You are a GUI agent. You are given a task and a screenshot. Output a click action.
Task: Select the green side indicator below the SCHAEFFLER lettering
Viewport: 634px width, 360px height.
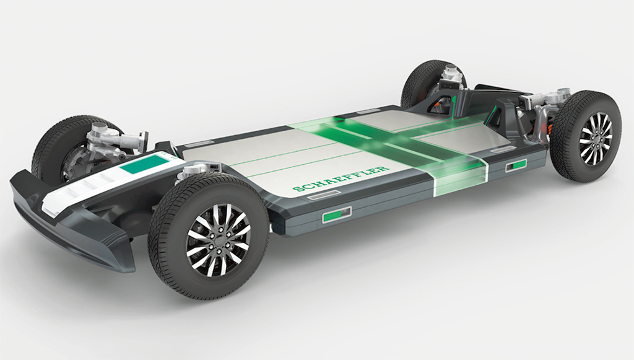click(336, 214)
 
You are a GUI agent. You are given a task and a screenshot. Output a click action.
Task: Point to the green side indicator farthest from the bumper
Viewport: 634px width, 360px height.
click(516, 165)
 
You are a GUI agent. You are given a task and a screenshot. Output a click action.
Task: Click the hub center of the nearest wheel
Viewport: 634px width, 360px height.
click(219, 240)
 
